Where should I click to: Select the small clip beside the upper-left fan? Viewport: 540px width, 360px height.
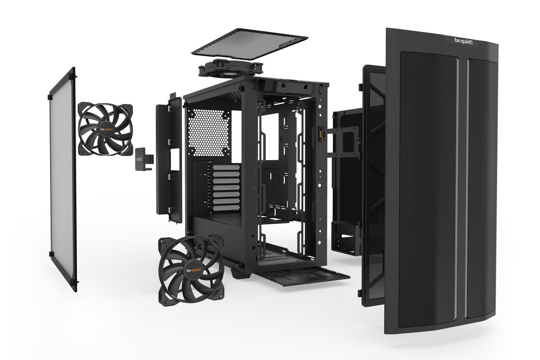pos(145,158)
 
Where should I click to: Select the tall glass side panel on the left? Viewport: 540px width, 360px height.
pos(63,180)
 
